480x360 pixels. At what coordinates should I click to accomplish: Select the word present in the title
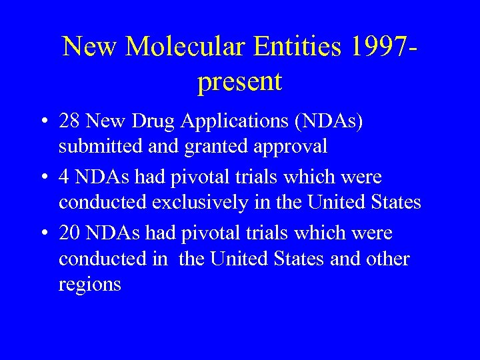point(240,82)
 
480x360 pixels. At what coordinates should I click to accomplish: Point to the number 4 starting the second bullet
point(65,177)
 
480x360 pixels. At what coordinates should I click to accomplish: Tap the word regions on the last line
point(89,285)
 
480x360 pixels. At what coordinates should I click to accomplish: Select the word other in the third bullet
point(386,258)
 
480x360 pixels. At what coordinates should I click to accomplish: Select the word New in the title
point(91,46)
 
